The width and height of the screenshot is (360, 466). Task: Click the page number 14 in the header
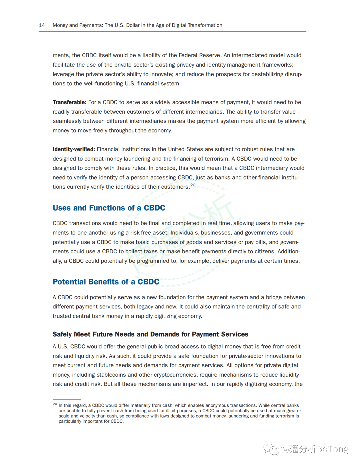pyautogui.click(x=42, y=25)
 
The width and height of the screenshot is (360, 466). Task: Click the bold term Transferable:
pyautogui.click(x=69, y=102)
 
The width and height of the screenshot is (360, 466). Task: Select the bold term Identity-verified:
pyautogui.click(x=74, y=149)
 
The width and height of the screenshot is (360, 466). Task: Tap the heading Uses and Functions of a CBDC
pyautogui.click(x=109, y=208)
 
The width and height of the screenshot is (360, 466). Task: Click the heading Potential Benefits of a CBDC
pyautogui.click(x=106, y=282)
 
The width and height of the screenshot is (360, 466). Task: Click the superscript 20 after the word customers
pyautogui.click(x=193, y=185)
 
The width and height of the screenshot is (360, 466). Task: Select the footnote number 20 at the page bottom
pyautogui.click(x=55, y=404)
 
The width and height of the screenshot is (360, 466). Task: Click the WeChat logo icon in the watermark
pyautogui.click(x=271, y=449)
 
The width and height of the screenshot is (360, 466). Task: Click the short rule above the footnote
pyautogui.click(x=67, y=399)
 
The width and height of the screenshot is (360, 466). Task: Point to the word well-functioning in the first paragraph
pyautogui.click(x=103, y=84)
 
